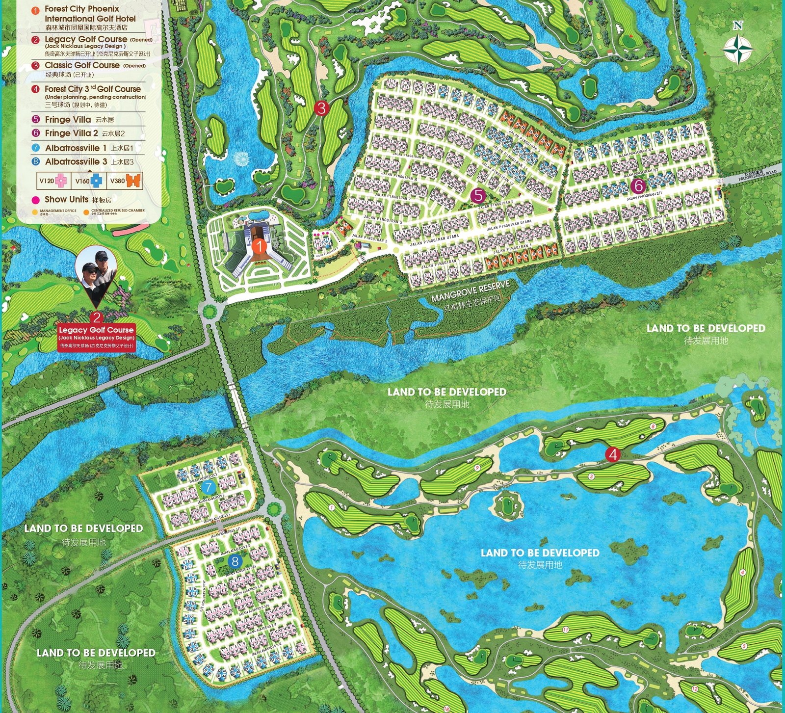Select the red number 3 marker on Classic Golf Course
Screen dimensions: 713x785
point(321,107)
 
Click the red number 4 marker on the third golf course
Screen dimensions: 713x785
point(612,454)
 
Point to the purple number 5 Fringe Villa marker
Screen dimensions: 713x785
point(478,195)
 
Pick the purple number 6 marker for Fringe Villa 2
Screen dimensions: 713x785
point(638,185)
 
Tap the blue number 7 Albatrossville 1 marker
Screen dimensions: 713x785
point(209,487)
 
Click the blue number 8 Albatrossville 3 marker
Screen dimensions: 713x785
point(235,561)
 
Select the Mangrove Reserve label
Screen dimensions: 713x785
point(470,291)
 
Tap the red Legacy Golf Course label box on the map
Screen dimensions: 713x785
point(96,337)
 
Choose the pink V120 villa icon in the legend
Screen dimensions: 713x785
point(61,181)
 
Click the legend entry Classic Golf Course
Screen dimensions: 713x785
point(82,65)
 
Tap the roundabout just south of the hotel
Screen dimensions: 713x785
point(209,312)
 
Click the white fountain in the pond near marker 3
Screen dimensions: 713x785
point(241,158)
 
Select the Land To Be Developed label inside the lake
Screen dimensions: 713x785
point(540,553)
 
